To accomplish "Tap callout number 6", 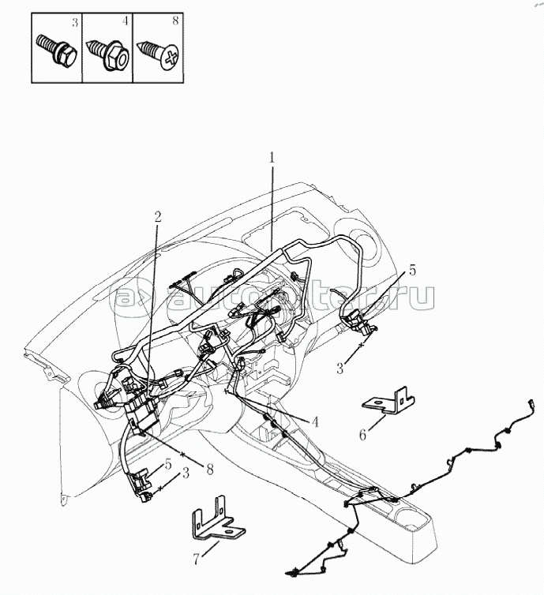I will pos(362,434).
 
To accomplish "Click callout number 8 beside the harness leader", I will pos(209,467).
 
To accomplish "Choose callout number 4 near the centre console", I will pos(315,422).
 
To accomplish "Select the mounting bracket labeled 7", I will pos(212,524).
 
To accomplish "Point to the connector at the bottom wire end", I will pos(293,571).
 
